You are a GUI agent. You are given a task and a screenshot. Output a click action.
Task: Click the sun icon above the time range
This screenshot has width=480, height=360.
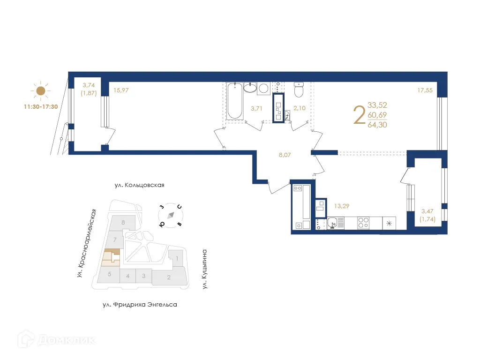[x=41, y=91]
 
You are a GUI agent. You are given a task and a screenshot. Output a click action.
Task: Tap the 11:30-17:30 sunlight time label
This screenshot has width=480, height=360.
[x=41, y=106]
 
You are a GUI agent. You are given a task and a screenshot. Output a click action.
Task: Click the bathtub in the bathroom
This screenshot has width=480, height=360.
[x=234, y=101]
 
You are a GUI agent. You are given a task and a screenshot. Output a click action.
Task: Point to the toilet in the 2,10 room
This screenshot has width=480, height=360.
[x=299, y=90]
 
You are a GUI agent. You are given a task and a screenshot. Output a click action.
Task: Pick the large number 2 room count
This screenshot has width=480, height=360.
[x=359, y=115]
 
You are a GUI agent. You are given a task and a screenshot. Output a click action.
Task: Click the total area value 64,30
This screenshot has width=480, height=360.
[x=377, y=125]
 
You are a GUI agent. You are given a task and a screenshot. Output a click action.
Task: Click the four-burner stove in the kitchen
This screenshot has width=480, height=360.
[x=364, y=223]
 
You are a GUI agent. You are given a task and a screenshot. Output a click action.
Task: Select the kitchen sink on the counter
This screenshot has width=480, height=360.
[x=333, y=223]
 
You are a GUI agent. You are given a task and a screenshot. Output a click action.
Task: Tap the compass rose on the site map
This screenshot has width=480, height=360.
[x=171, y=215]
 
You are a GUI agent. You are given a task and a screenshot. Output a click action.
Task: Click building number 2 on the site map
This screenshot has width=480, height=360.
[x=169, y=277]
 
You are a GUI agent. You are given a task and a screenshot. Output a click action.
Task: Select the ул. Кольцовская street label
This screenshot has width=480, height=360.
[x=139, y=185]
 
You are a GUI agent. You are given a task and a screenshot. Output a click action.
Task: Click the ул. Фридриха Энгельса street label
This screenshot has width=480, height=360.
[x=140, y=305]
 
